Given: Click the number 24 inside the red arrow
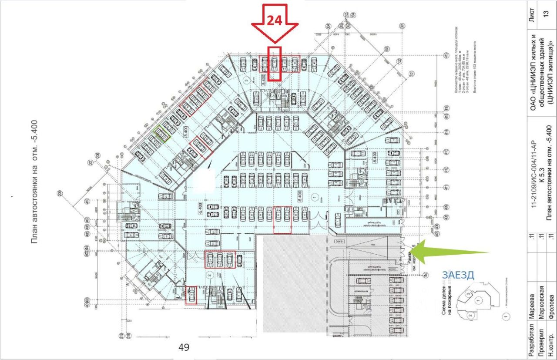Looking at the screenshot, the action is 274,21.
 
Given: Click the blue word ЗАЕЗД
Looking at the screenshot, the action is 458,275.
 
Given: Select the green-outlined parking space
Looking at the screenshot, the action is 162,134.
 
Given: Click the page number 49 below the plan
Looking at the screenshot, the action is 184,347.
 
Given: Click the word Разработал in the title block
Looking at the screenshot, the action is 530,340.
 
